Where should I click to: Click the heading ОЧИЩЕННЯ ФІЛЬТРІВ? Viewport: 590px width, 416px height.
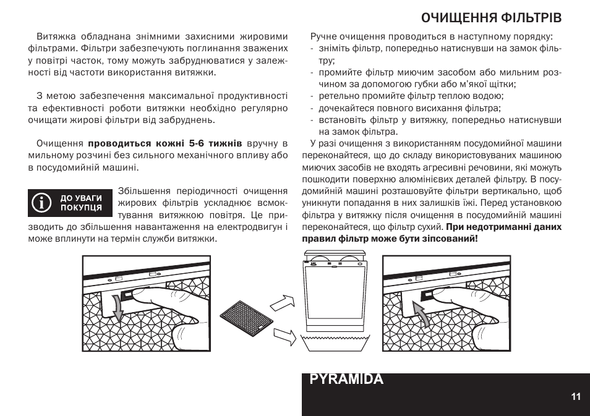[491, 16]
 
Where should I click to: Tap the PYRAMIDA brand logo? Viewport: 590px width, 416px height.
[346, 380]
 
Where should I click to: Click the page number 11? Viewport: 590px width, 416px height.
[576, 397]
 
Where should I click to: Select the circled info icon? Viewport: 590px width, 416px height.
[42, 203]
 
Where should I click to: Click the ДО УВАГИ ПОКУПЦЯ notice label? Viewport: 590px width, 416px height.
[80, 203]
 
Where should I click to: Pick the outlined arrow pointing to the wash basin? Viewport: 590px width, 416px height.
[284, 336]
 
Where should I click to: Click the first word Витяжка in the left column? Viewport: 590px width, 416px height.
[53, 36]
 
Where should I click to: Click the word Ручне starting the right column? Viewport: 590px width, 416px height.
[325, 36]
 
